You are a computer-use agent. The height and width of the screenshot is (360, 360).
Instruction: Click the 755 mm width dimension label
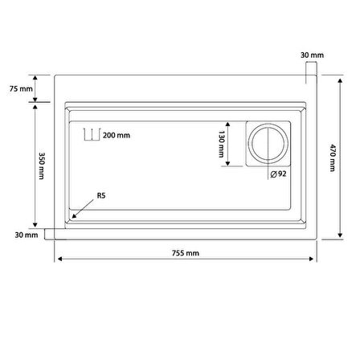pyautogui.click(x=186, y=253)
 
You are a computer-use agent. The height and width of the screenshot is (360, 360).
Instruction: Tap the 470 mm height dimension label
pyautogui.click(x=333, y=157)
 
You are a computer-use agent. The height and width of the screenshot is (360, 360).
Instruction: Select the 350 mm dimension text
pyautogui.click(x=42, y=166)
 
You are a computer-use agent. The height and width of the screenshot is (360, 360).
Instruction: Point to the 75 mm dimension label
pyautogui.click(x=21, y=88)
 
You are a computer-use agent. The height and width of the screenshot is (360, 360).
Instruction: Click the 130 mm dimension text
pyautogui.click(x=222, y=144)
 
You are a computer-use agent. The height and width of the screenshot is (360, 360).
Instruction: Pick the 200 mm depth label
pyautogui.click(x=117, y=135)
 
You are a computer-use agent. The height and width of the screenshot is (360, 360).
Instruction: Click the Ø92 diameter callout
pyautogui.click(x=278, y=174)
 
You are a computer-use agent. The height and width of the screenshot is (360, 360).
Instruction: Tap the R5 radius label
pyautogui.click(x=101, y=195)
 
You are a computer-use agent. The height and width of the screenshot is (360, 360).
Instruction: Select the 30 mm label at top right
pyautogui.click(x=312, y=55)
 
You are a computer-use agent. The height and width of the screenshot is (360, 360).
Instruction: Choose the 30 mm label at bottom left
pyautogui.click(x=27, y=235)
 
